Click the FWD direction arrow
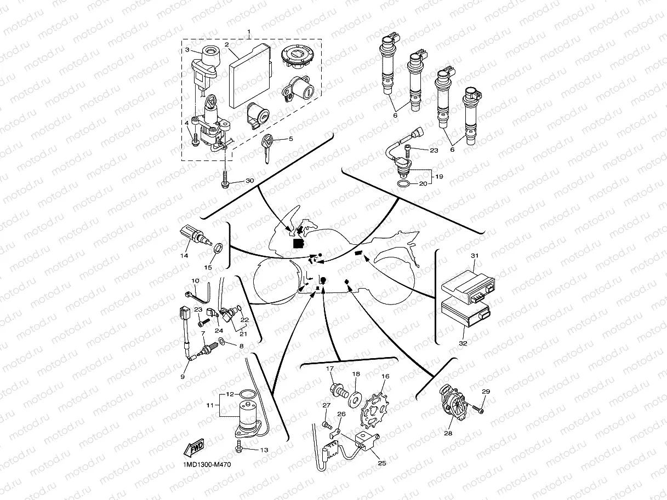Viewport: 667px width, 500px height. pyautogui.click(x=195, y=448)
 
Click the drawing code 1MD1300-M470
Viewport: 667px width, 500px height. pyautogui.click(x=209, y=465)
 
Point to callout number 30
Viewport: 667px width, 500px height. pyautogui.click(x=250, y=181)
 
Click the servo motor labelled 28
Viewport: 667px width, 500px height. pyautogui.click(x=453, y=404)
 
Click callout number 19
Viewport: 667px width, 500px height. pyautogui.click(x=439, y=177)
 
